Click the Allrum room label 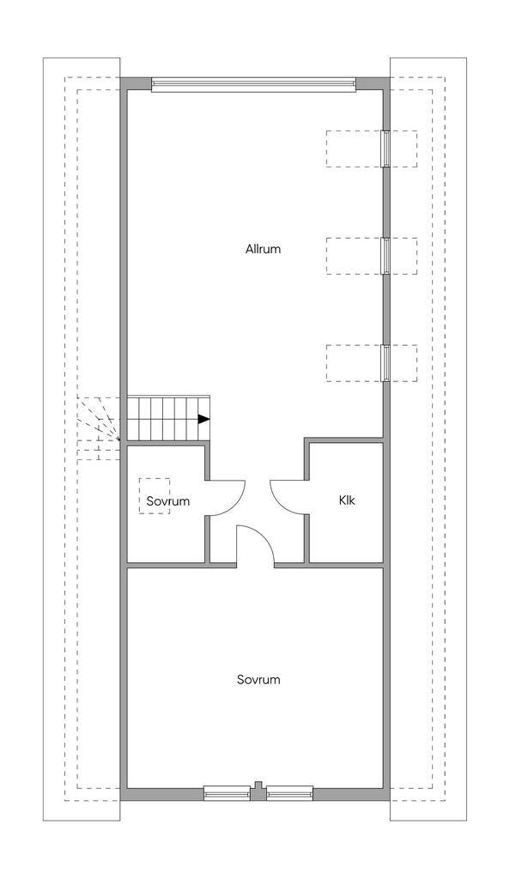(263, 249)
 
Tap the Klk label (347, 500)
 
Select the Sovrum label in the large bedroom (258, 680)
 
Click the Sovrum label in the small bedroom (168, 500)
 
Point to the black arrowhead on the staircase (203, 419)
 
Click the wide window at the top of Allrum (253, 85)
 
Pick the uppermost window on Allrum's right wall (385, 149)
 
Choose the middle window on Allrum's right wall (385, 256)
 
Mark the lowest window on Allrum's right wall (385, 363)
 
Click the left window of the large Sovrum (227, 792)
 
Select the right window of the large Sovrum (289, 792)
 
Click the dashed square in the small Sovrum (155, 495)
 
